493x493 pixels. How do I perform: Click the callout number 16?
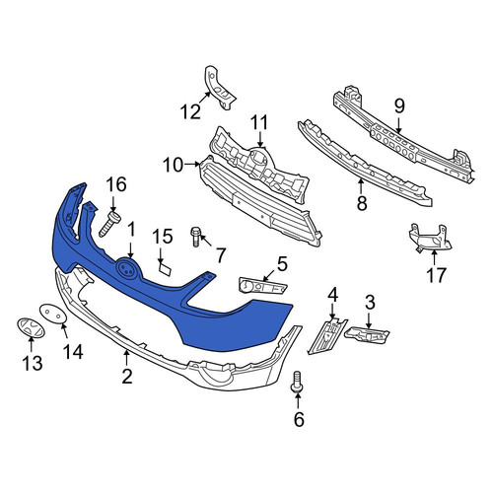tap(116, 184)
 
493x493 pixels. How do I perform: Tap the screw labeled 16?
tap(109, 224)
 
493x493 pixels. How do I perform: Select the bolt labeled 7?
tap(195, 237)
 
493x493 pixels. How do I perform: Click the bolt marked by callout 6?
tap(297, 382)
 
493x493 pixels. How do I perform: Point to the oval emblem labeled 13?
tap(31, 327)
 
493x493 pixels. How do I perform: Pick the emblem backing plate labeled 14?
tap(53, 314)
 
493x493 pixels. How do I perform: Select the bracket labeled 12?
tap(219, 87)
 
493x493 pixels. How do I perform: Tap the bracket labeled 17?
tap(430, 238)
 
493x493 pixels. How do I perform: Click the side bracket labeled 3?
tap(367, 335)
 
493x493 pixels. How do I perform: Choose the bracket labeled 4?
tap(326, 336)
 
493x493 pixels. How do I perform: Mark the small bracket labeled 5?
tap(263, 285)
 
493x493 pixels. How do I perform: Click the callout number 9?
tap(399, 106)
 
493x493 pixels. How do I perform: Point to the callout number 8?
tap(362, 203)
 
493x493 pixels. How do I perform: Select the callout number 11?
tap(259, 122)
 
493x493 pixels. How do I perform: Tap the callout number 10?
tap(173, 165)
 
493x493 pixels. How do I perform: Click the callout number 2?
tap(127, 376)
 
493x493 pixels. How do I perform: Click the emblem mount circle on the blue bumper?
tap(127, 269)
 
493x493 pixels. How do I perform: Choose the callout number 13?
tap(33, 364)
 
